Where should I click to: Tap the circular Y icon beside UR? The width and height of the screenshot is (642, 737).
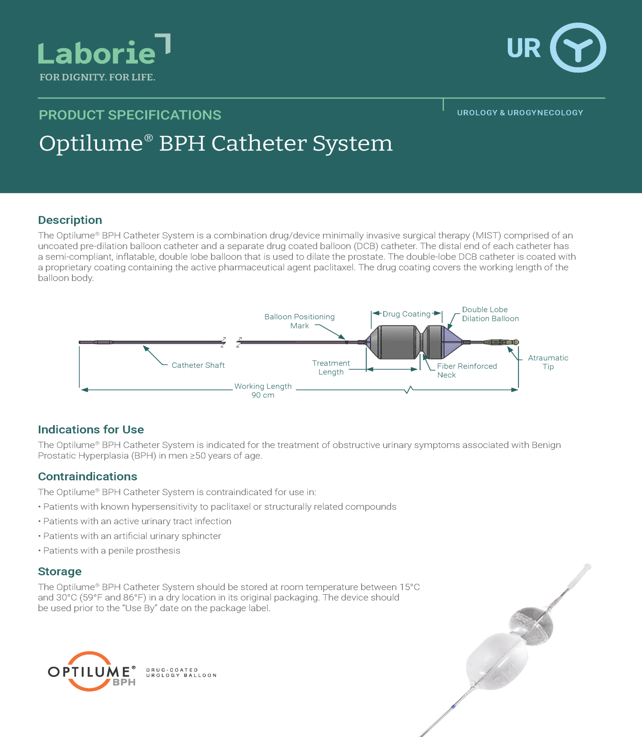pyautogui.click(x=578, y=48)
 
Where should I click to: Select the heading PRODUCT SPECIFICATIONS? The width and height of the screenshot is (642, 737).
pyautogui.click(x=130, y=115)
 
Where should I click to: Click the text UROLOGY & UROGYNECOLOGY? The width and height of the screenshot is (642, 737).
pyautogui.click(x=520, y=113)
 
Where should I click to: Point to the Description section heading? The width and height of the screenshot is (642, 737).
pyautogui.click(x=70, y=220)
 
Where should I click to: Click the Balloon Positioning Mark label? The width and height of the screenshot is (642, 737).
pyautogui.click(x=299, y=321)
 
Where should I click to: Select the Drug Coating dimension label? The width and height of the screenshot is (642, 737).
pyautogui.click(x=406, y=314)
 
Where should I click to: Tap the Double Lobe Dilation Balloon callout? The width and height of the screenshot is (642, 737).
pyautogui.click(x=490, y=314)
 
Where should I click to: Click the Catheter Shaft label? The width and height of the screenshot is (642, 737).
pyautogui.click(x=198, y=365)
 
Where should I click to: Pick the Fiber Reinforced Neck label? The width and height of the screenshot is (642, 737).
pyautogui.click(x=466, y=370)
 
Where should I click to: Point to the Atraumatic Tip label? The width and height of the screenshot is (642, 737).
pyautogui.click(x=548, y=362)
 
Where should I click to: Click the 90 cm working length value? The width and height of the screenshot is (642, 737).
pyautogui.click(x=263, y=395)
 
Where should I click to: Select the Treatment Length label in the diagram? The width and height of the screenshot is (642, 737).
pyautogui.click(x=331, y=367)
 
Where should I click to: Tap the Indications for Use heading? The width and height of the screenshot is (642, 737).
pyautogui.click(x=91, y=429)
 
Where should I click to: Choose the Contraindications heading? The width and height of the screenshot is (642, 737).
pyautogui.click(x=88, y=476)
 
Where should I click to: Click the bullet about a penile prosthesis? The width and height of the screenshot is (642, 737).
pyautogui.click(x=111, y=551)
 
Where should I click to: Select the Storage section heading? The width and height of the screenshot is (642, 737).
pyautogui.click(x=60, y=571)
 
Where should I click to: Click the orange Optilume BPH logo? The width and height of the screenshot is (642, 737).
pyautogui.click(x=92, y=672)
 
